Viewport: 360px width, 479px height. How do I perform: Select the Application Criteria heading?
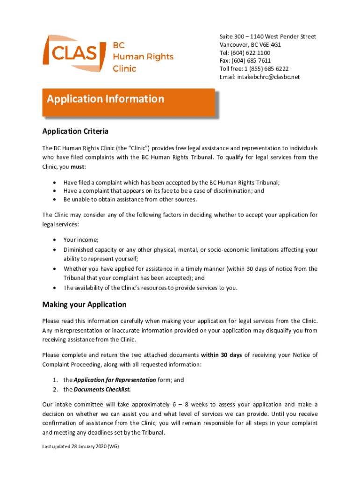click(x=75, y=131)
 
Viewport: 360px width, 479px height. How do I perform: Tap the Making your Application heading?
click(x=84, y=305)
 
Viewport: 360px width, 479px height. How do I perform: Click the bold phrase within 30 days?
click(x=221, y=355)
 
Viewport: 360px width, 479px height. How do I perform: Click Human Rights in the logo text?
click(x=143, y=57)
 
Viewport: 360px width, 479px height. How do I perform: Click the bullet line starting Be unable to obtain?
click(x=130, y=200)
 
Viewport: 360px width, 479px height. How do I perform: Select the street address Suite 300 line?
click(x=267, y=36)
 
